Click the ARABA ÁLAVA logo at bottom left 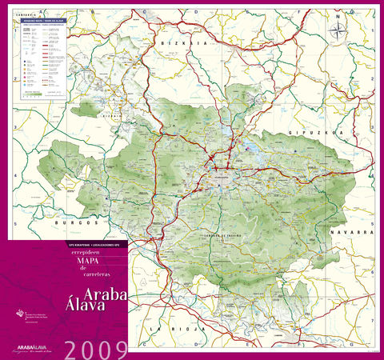[37, 347]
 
